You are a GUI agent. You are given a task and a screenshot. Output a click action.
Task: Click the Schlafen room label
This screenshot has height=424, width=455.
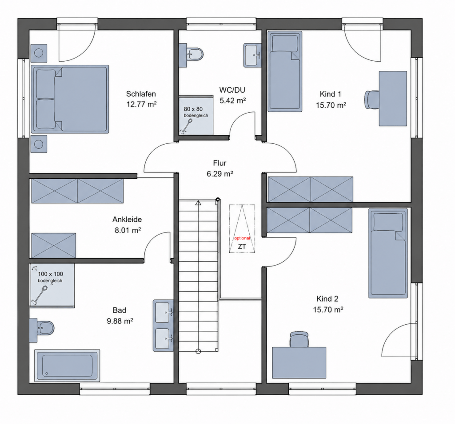click(141, 94)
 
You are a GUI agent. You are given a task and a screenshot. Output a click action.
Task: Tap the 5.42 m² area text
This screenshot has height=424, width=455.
click(233, 101)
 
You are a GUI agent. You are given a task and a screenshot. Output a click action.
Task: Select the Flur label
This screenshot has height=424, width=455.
click(220, 163)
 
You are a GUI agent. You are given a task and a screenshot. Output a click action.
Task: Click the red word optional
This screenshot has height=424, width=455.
click(242, 238)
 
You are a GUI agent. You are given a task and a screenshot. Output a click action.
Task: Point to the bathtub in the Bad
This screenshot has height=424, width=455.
click(67, 365)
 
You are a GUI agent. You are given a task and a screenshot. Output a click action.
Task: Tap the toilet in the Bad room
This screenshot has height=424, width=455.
click(42, 328)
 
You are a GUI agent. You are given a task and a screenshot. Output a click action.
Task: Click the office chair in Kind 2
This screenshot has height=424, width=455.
click(299, 339)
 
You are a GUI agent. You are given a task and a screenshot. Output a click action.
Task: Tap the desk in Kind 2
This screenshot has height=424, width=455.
click(299, 363)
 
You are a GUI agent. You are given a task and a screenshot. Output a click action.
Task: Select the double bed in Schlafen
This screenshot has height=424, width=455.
click(70, 99)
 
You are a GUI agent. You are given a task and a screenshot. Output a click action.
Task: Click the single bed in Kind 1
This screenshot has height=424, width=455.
click(285, 71)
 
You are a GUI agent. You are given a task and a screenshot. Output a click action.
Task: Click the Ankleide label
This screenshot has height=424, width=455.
click(127, 219)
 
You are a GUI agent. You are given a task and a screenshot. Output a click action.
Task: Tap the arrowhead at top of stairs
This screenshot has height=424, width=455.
click(198, 203)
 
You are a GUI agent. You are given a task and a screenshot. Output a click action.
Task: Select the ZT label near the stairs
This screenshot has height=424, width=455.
click(242, 247)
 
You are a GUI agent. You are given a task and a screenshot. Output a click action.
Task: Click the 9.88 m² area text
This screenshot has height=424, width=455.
click(120, 321)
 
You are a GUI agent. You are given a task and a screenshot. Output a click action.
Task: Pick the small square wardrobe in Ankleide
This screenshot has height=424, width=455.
click(53, 245)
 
